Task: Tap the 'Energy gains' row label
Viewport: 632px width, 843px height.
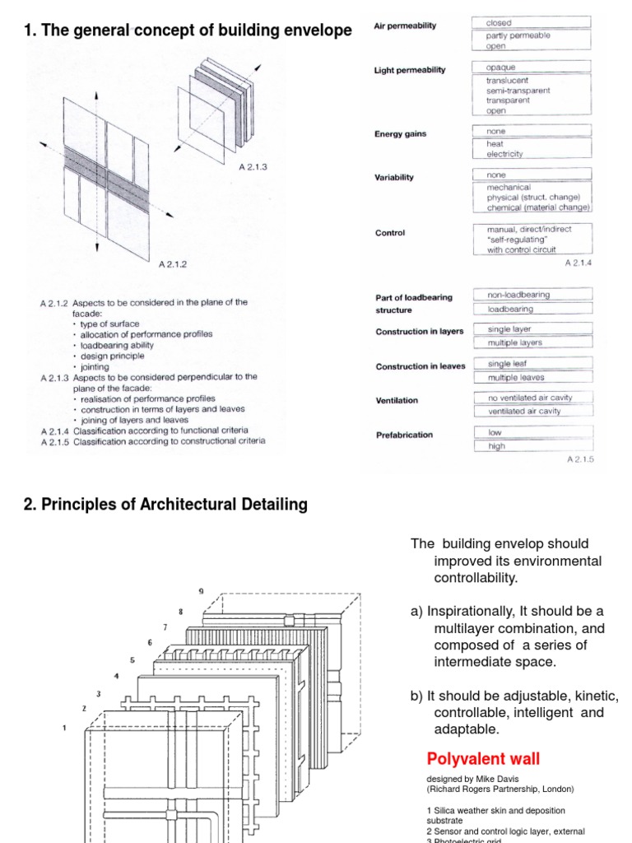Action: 401,134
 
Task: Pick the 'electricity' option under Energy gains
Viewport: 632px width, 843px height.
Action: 504,154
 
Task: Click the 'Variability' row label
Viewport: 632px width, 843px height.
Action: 394,178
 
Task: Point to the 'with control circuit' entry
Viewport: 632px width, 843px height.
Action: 521,250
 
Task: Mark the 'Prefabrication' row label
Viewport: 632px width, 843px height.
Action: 404,435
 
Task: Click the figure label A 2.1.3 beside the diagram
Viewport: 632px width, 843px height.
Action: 253,167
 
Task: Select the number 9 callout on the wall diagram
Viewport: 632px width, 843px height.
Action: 200,592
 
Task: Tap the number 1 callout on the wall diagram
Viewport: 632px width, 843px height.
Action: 64,728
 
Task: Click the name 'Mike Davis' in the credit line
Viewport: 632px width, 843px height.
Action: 488,779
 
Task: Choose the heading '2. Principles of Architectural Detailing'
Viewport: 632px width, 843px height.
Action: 165,505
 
